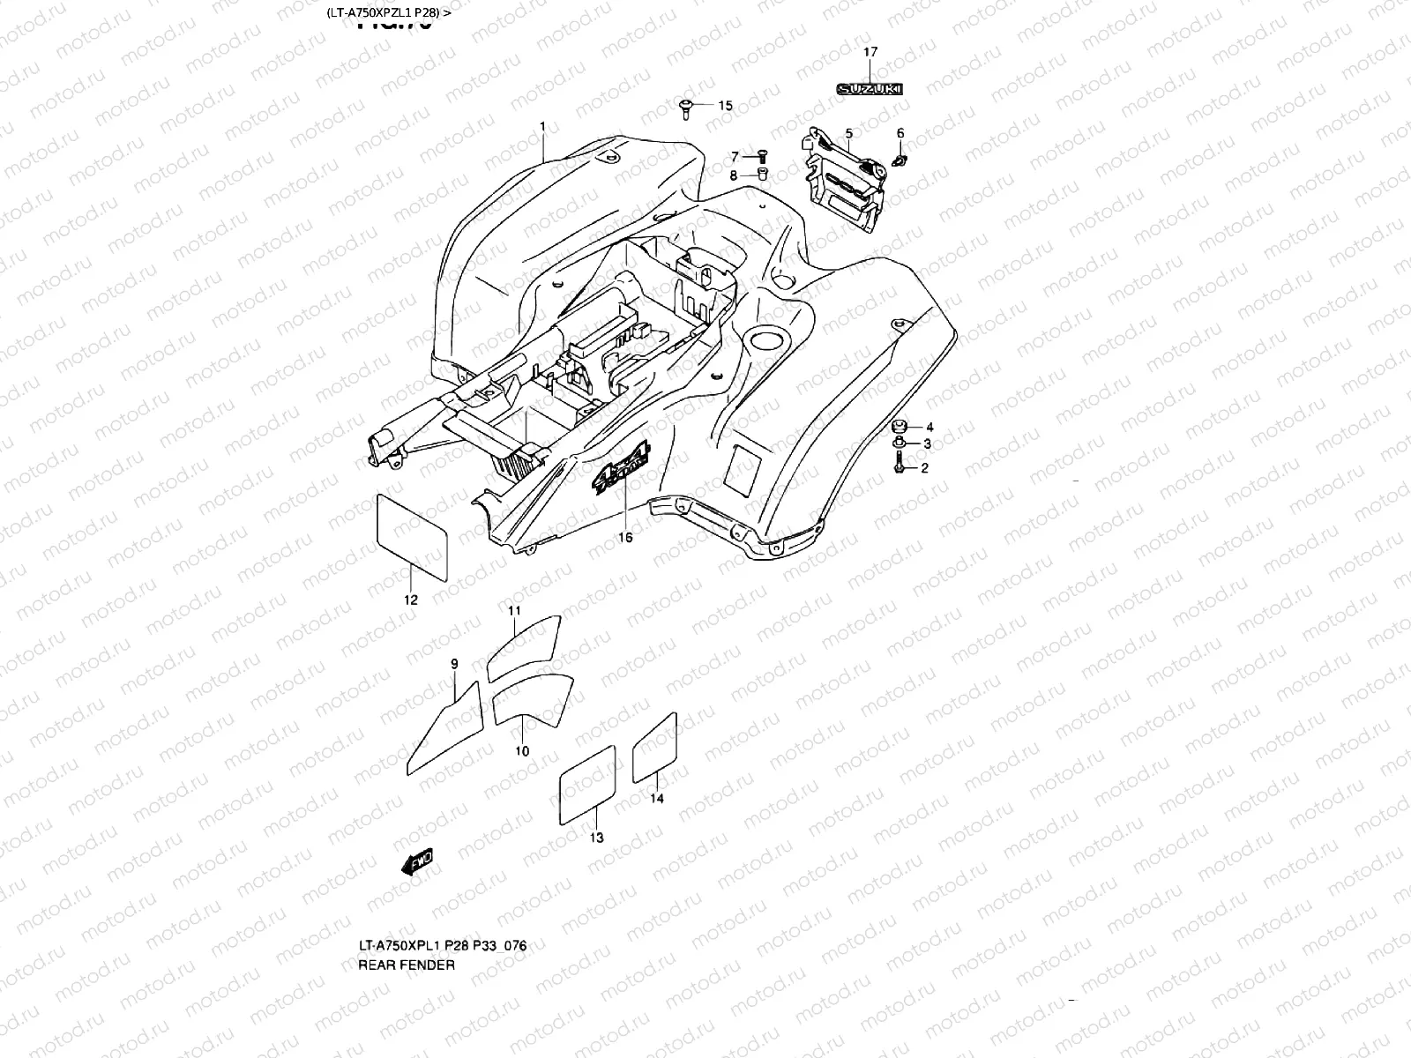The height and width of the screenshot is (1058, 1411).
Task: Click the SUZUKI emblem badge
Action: pos(870,89)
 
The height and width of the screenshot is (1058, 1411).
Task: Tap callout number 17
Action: pos(870,52)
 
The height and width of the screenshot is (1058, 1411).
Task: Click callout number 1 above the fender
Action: pos(542,127)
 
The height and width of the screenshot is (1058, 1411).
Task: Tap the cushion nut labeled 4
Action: pos(900,426)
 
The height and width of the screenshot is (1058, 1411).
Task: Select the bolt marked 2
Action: pos(898,465)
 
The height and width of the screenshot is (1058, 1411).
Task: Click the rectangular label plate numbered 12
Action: pos(412,537)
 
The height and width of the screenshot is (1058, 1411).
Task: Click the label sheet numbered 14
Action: pos(655,749)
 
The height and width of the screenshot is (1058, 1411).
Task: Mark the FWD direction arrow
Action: pos(417,861)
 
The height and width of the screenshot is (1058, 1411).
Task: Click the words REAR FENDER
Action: pos(407,965)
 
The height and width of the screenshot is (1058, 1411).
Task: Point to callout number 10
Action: pos(522,751)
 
